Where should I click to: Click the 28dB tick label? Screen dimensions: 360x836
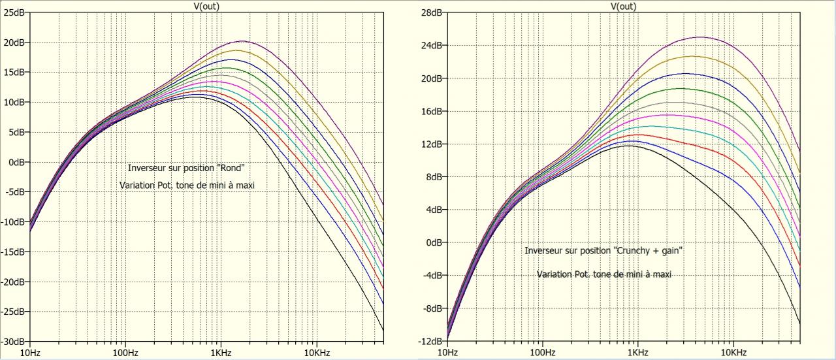430,12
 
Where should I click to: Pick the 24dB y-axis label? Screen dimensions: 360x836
430,45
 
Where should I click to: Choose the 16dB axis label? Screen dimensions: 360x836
430,111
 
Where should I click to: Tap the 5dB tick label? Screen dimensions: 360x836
15,132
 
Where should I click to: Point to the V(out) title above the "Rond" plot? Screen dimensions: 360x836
206,5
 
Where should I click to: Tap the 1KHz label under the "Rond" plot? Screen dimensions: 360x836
220,352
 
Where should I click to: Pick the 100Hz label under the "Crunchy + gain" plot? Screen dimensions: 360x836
541,352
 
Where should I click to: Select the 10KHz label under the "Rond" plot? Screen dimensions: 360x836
316,352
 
